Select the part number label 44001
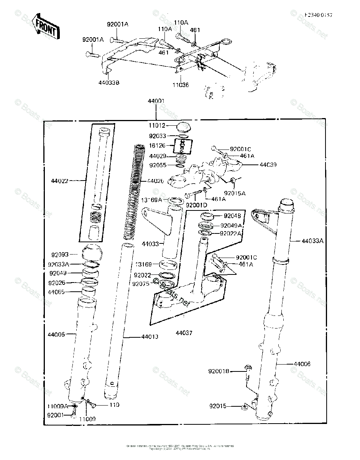(x=156, y=101)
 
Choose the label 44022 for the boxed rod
(x=60, y=181)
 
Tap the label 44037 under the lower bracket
(x=184, y=333)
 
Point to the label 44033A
(x=312, y=241)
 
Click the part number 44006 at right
(x=302, y=363)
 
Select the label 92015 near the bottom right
(x=218, y=406)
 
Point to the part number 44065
(x=57, y=292)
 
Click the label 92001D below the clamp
(x=196, y=205)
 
